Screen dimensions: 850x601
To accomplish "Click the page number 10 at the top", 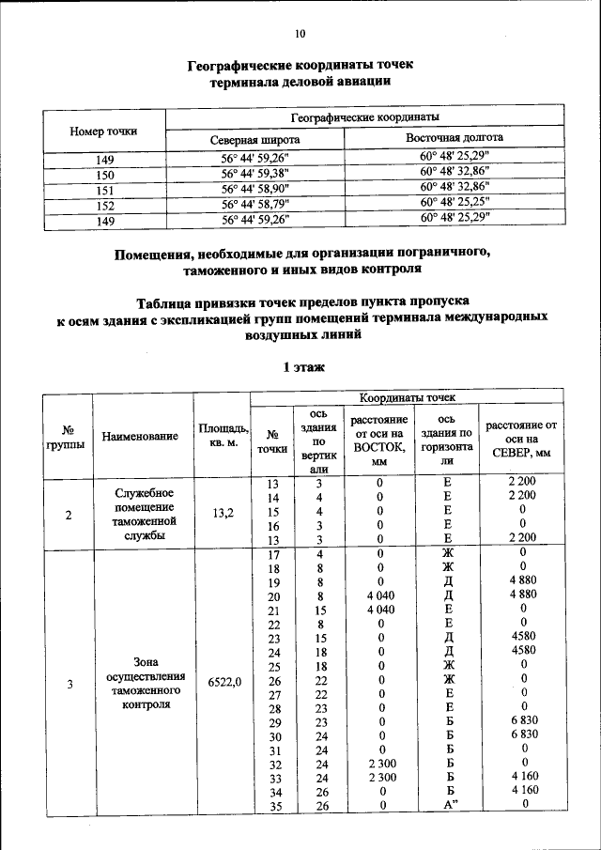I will tap(300, 35).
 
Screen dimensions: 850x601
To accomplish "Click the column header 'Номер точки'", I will tap(103, 131).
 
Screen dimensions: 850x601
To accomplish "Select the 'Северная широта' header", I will tap(254, 139).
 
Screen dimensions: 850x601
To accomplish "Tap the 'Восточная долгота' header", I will tap(455, 137).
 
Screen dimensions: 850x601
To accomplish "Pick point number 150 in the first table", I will tap(104, 174).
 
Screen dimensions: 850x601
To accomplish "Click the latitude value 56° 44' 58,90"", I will tap(254, 189).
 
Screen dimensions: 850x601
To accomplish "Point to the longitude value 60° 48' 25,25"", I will tap(455, 204).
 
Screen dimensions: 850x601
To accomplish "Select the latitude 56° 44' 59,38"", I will tap(254, 174).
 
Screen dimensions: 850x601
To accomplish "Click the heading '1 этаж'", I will tap(300, 367).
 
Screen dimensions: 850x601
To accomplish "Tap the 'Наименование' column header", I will tap(141, 437).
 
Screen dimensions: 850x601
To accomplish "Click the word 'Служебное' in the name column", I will tap(141, 492).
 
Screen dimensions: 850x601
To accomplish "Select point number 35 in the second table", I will tap(274, 804).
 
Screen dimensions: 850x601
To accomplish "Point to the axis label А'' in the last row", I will tap(448, 804).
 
